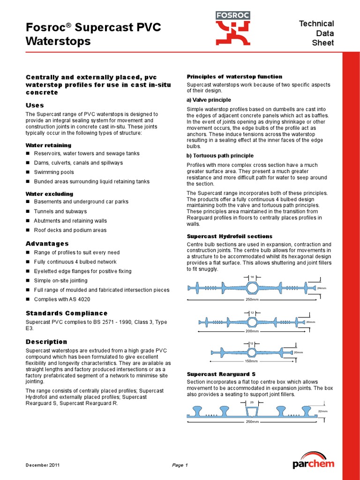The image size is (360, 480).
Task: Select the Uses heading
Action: [35, 105]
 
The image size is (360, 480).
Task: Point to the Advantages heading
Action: [47, 244]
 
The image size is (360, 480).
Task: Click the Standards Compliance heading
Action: [66, 313]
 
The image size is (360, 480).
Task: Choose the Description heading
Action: [46, 342]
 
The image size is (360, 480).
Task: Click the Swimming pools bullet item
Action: [54, 172]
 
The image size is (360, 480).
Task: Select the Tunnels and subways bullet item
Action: [60, 211]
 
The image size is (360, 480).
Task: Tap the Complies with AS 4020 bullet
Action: [62, 300]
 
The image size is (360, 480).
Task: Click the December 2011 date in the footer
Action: [42, 465]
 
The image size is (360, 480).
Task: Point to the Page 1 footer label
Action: [180, 465]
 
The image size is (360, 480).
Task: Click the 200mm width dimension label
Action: [252, 330]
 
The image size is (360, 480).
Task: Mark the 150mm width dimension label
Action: [252, 361]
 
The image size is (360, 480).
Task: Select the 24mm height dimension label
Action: [321, 288]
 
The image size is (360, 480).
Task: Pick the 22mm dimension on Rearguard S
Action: [323, 411]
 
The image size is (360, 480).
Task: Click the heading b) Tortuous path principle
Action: [220, 156]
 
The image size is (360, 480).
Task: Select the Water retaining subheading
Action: [48, 145]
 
